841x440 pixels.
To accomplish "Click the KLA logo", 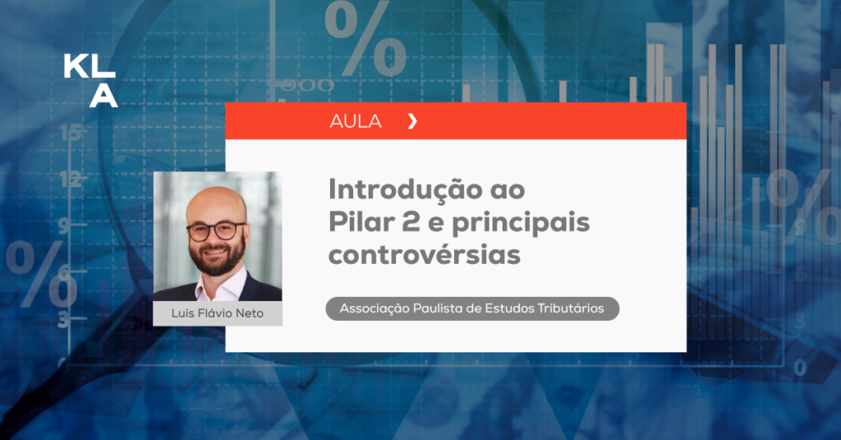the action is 90,81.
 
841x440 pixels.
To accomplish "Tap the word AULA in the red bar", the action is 356,122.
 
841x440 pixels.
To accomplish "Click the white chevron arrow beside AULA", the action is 412,122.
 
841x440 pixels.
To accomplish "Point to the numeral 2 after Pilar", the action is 411,222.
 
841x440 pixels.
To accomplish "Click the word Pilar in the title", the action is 361,221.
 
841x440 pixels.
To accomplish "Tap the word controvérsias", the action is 425,255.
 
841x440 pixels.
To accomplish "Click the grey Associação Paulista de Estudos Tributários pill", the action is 472,309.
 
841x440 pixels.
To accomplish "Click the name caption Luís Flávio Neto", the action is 218,313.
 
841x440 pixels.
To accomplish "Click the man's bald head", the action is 215,203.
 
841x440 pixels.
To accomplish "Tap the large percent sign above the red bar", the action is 365,39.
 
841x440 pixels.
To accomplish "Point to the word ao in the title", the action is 508,192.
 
